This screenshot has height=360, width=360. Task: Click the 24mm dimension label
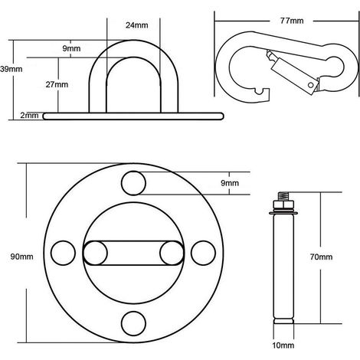tap(136, 25)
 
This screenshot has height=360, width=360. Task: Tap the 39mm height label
tap(11, 69)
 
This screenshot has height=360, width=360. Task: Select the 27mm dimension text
tap(57, 84)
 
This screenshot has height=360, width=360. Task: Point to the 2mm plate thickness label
tap(29, 116)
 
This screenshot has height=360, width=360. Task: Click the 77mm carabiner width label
tap(292, 21)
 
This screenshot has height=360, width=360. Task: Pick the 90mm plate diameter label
tap(22, 257)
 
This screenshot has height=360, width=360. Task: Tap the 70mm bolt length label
tap(321, 257)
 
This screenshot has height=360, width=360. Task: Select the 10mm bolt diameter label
tap(283, 345)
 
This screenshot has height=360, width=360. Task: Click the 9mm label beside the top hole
tap(230, 183)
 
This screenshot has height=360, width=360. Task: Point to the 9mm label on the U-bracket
tap(71, 48)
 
